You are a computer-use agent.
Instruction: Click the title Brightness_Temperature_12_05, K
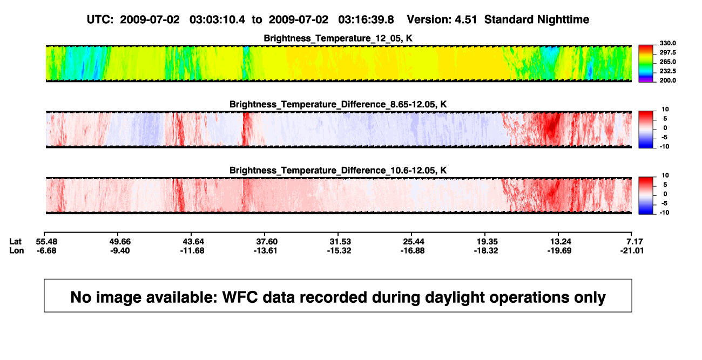pyautogui.click(x=338, y=38)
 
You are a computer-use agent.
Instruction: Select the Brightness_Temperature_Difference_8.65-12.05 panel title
pyautogui.click(x=338, y=104)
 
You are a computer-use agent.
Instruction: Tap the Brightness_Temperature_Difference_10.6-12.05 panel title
pyautogui.click(x=338, y=171)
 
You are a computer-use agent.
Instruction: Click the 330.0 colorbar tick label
pyautogui.click(x=667, y=43)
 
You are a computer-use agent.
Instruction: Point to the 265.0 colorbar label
pyautogui.click(x=667, y=62)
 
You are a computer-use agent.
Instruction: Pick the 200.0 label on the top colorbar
pyautogui.click(x=667, y=80)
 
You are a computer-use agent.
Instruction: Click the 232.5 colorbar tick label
pyautogui.click(x=667, y=71)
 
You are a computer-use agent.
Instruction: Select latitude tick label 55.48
pyautogui.click(x=46, y=242)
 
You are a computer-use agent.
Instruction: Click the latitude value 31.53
pyautogui.click(x=340, y=242)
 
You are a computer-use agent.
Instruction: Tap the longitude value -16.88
pyautogui.click(x=413, y=250)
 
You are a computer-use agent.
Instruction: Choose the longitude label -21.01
pyautogui.click(x=632, y=250)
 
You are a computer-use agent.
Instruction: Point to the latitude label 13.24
pyautogui.click(x=561, y=242)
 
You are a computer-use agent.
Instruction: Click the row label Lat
pyautogui.click(x=15, y=242)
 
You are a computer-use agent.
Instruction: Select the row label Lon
pyautogui.click(x=17, y=250)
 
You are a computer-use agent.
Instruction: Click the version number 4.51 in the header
pyautogui.click(x=465, y=20)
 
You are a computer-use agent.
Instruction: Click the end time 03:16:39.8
pyautogui.click(x=366, y=20)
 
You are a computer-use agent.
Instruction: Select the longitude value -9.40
pyautogui.click(x=120, y=250)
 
